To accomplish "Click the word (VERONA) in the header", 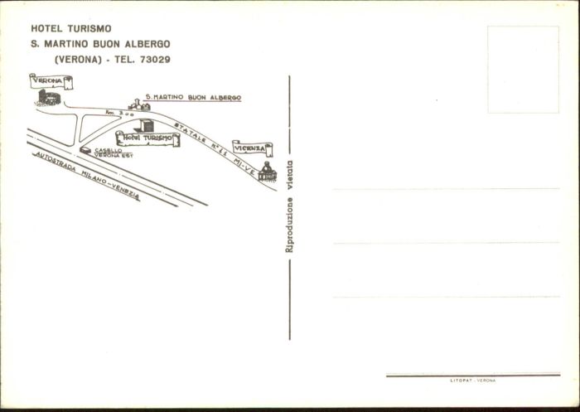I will (x=79, y=59).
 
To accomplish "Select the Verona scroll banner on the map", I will (x=50, y=81).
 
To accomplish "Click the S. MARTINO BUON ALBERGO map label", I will (x=192, y=97).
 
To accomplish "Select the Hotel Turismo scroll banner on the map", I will (x=147, y=138).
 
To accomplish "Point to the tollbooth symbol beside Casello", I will (x=86, y=150).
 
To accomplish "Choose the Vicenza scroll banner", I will (x=252, y=148).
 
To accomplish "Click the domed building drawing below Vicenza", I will (x=267, y=172).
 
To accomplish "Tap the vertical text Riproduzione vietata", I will (x=289, y=205).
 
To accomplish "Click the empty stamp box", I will (x=522, y=70).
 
